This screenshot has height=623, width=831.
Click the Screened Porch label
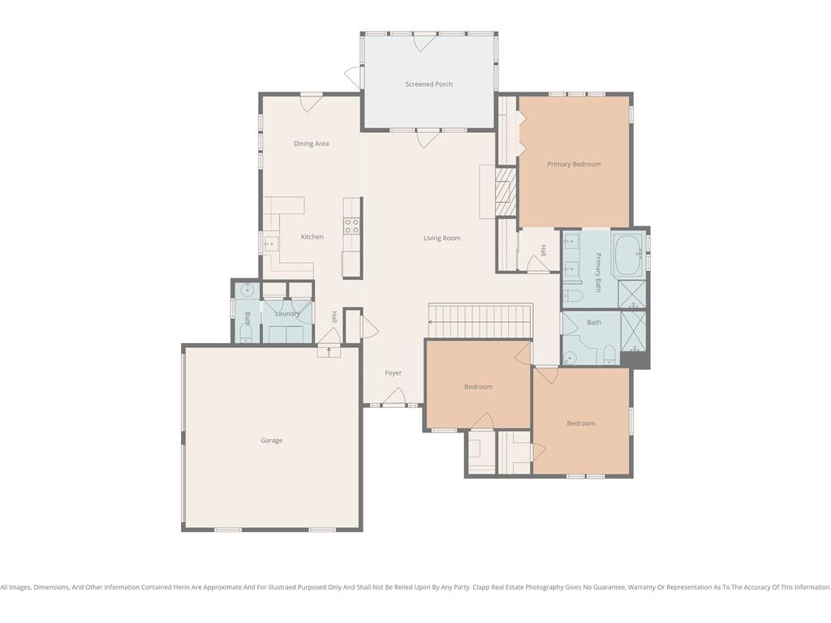pyautogui.click(x=428, y=84)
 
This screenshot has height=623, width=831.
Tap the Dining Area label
pyautogui.click(x=311, y=144)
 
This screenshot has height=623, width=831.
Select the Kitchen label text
pyautogui.click(x=312, y=237)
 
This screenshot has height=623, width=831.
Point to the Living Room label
pyautogui.click(x=442, y=238)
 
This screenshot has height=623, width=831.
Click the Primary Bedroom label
pyautogui.click(x=574, y=164)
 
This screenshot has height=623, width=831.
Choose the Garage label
pyautogui.click(x=271, y=440)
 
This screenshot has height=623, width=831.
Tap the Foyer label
pyautogui.click(x=394, y=373)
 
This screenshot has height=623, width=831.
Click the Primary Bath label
pyautogui.click(x=598, y=273)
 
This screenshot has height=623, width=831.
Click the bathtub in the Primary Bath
pyautogui.click(x=629, y=255)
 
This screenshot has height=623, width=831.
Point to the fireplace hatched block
pyautogui.click(x=506, y=191)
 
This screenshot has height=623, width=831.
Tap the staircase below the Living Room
pyautogui.click(x=480, y=321)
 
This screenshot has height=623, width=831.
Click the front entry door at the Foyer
pyautogui.click(x=394, y=397)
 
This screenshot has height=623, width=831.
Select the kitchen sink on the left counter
pyautogui.click(x=271, y=243)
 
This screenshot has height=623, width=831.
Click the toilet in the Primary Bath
pyautogui.click(x=573, y=295)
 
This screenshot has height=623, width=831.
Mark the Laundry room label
pyautogui.click(x=288, y=314)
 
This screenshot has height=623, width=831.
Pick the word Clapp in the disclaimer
pyautogui.click(x=481, y=587)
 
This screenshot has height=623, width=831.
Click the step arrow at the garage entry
pyautogui.click(x=329, y=350)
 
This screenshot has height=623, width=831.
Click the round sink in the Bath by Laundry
pyautogui.click(x=248, y=290)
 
